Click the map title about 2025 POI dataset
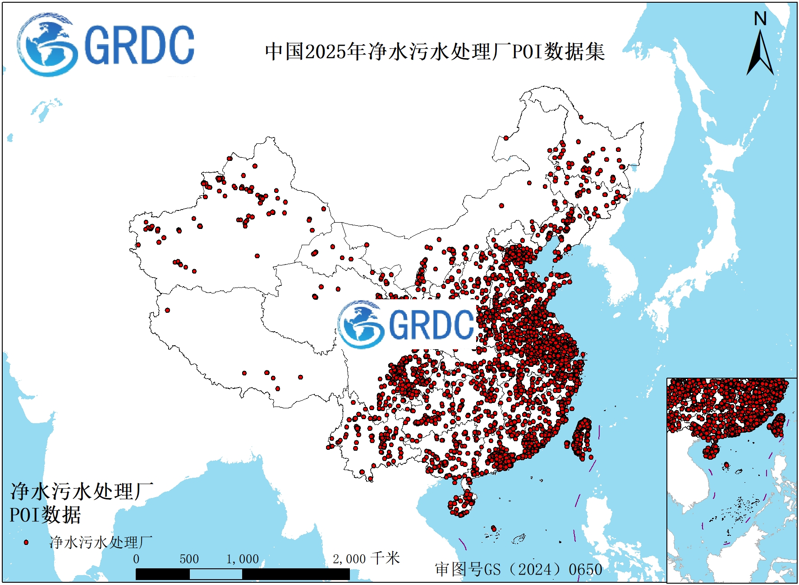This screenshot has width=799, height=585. pos(435,51)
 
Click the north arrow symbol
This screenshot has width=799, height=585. pos(760,53)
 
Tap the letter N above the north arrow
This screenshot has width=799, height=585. pos(760,19)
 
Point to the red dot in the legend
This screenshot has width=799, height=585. pos(26,542)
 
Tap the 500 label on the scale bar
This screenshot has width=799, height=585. pos(189,559)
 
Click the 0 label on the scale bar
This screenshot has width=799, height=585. pos(136,559)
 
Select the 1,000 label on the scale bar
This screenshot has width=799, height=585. pos(243,559)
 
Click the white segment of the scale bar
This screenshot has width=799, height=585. pos(216,574)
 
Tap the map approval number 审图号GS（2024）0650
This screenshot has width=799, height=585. pos(519,569)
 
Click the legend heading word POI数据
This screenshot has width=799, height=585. pos(45,515)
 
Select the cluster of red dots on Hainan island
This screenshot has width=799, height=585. pos(462,503)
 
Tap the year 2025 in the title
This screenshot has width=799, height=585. pos(327,51)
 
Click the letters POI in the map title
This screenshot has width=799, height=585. pos(527,51)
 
